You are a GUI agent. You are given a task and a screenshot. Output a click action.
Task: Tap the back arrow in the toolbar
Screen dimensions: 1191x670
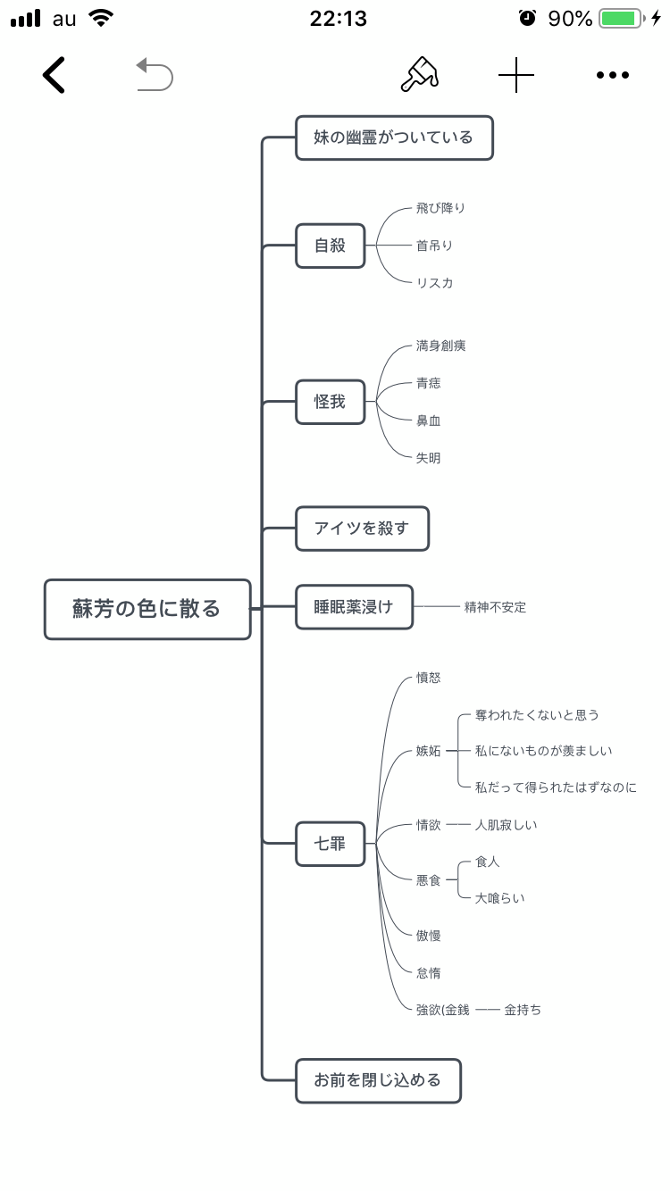coord(54,75)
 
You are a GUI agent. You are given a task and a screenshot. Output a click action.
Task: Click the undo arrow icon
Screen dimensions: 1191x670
coord(155,75)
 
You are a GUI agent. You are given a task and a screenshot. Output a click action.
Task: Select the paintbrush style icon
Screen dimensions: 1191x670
coord(419,75)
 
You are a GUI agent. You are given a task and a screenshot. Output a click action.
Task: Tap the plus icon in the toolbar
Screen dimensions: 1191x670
coord(516,76)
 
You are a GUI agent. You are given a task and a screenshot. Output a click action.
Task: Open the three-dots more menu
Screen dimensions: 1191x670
coord(613,76)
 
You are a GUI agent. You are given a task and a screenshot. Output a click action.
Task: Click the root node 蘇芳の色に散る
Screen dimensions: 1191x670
coord(147,610)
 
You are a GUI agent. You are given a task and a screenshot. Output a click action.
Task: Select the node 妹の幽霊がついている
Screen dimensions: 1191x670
coord(394,137)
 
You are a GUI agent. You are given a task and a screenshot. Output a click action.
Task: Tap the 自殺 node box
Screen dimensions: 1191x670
coord(331,245)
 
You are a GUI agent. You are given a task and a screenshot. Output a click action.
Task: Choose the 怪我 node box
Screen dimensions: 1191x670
coord(331,402)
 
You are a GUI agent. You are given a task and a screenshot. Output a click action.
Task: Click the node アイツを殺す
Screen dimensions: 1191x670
coord(362,529)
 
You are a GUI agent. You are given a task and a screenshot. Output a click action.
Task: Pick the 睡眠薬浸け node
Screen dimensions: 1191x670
coord(354,607)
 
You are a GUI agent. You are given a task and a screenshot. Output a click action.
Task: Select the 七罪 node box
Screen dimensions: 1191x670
coord(331,843)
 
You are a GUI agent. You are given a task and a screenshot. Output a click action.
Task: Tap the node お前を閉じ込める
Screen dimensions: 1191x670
coord(378,1080)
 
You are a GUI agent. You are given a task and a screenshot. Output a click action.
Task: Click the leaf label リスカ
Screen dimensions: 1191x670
coord(434,283)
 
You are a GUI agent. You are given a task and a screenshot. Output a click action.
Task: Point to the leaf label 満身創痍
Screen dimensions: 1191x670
coord(440,346)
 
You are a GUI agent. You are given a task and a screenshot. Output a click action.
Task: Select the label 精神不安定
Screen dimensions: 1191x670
coord(495,607)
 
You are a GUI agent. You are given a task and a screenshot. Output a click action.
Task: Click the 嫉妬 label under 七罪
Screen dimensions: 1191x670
coord(429,751)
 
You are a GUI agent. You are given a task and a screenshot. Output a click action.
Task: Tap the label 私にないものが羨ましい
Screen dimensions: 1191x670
coord(544,751)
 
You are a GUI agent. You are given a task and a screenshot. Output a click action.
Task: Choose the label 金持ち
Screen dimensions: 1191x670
coord(523,1010)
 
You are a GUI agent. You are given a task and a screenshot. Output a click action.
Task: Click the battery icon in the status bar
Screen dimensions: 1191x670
coord(623,18)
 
